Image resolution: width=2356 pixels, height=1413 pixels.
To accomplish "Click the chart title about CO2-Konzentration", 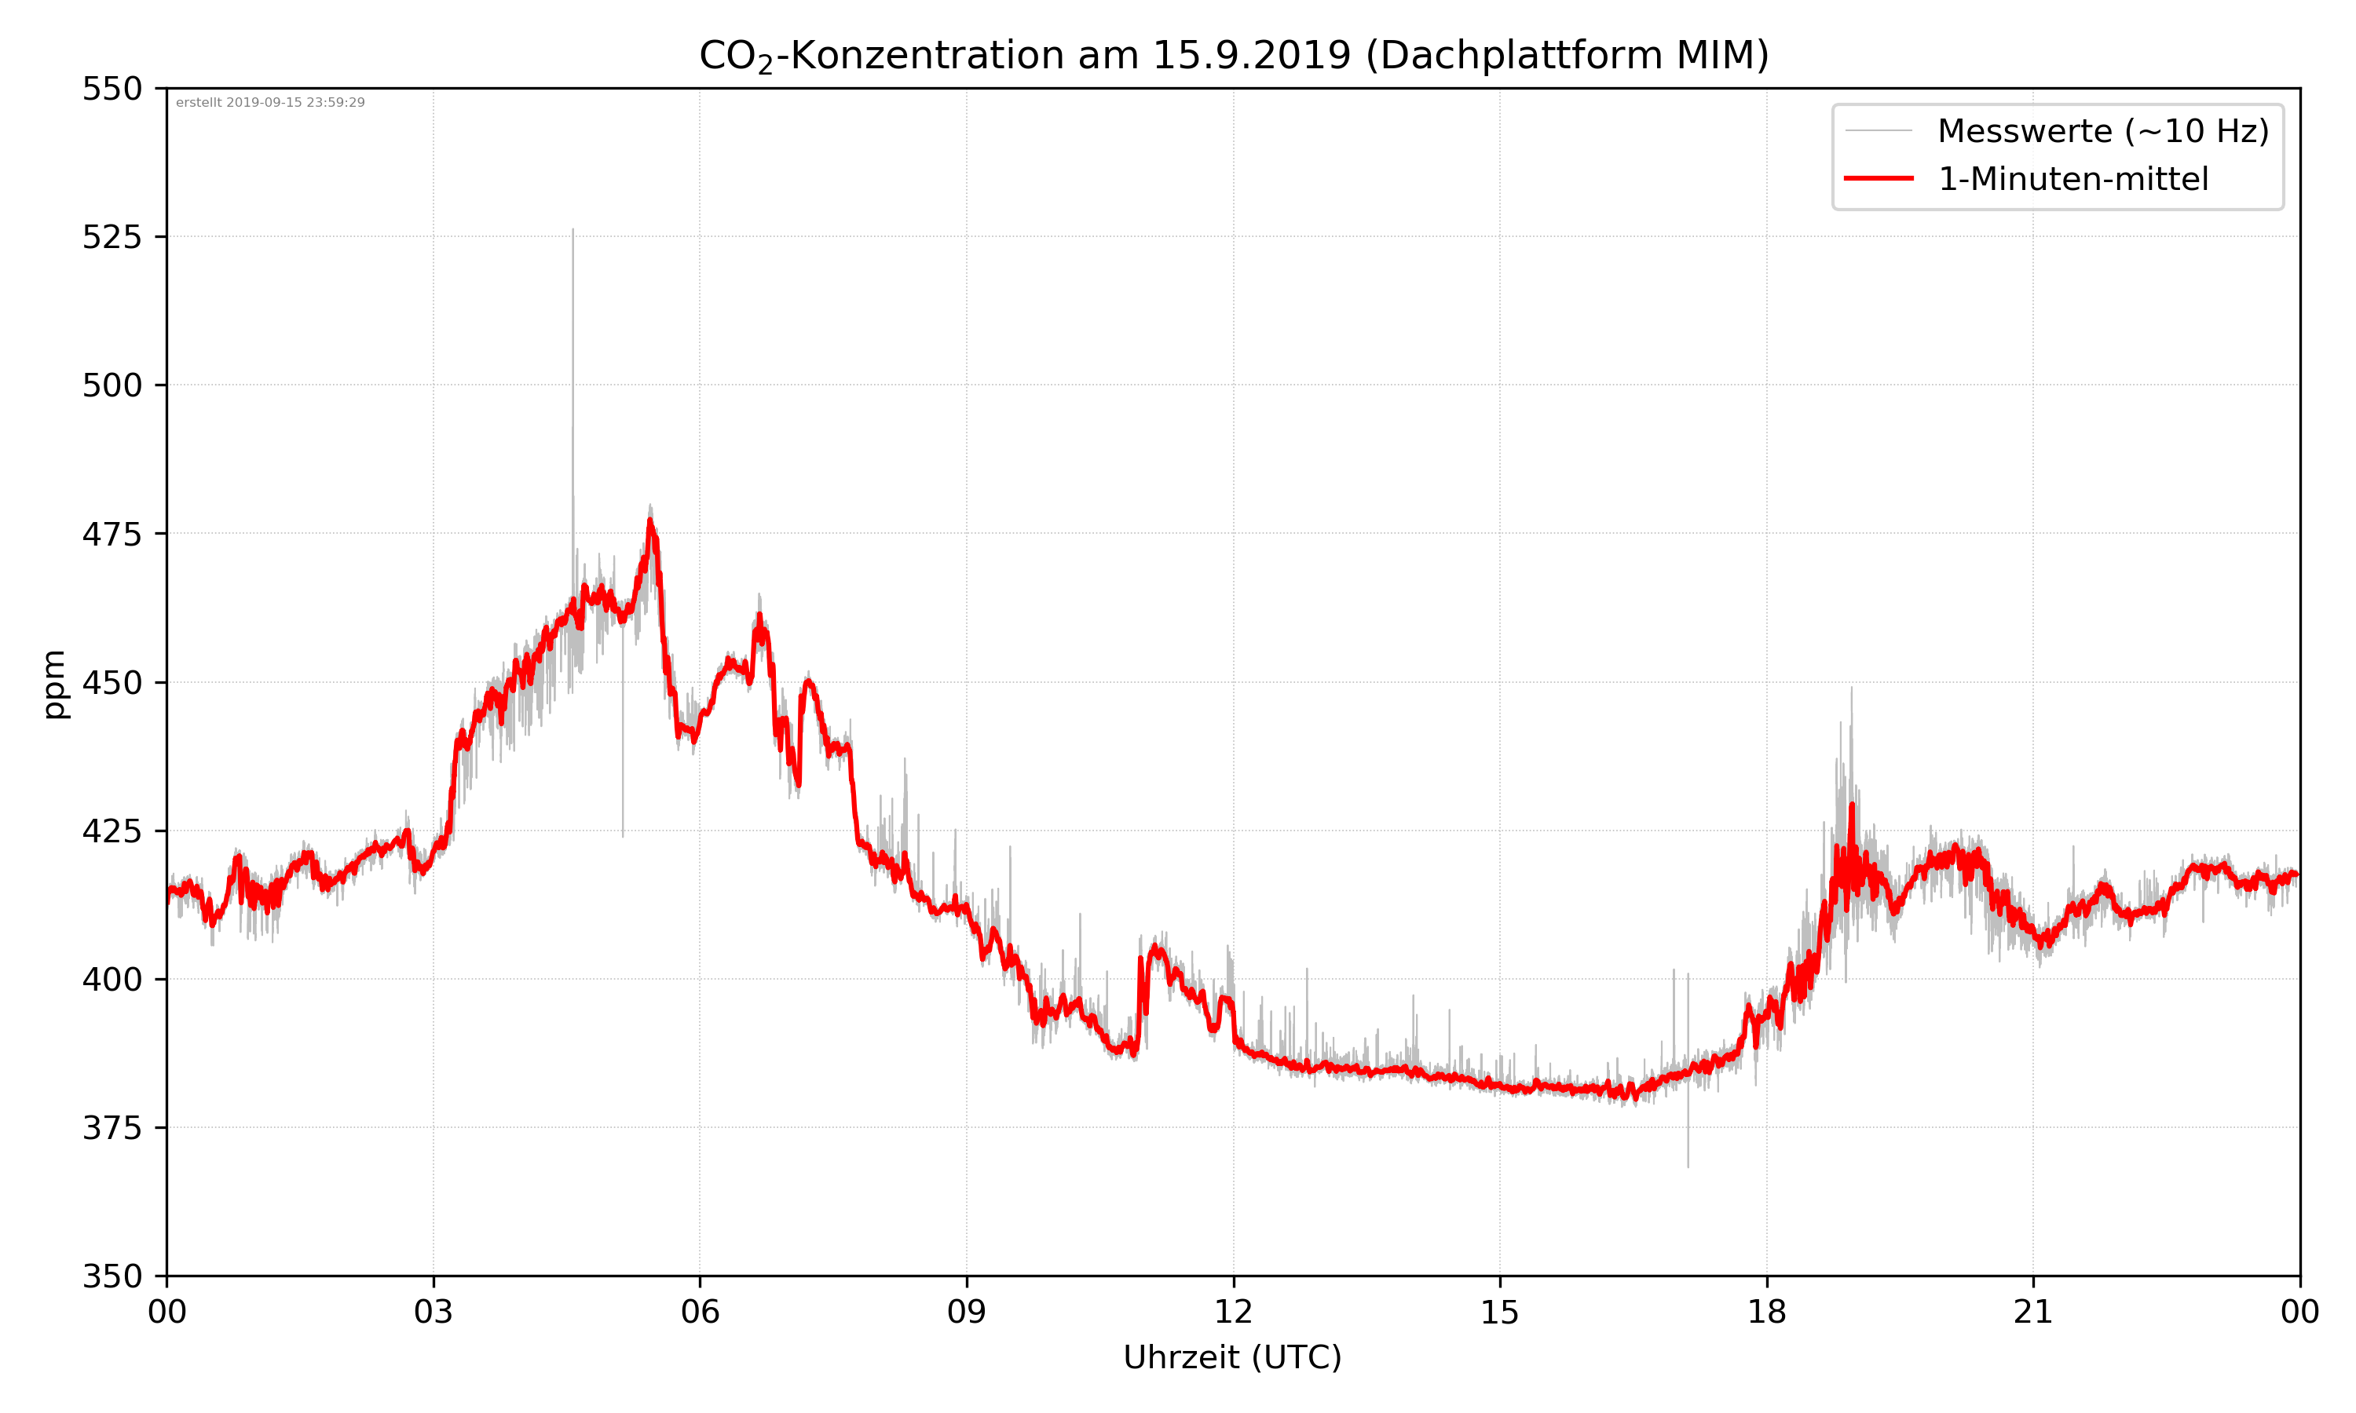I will point(1233,55).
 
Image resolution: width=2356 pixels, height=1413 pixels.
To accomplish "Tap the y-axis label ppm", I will point(54,684).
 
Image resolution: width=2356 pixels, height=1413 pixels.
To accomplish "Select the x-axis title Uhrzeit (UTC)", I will point(1232,1356).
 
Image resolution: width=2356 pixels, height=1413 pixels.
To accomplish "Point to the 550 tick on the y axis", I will point(112,89).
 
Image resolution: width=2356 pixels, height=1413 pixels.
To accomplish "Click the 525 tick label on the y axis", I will point(112,237).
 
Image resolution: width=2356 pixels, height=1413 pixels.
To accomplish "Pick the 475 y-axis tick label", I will point(112,534).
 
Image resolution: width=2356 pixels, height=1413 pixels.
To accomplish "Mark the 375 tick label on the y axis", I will point(112,1128).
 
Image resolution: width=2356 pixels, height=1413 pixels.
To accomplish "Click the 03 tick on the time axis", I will point(434,1312).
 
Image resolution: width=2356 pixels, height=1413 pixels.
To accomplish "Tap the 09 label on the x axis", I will point(967,1312).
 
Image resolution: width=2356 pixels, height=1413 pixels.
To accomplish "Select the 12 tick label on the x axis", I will point(1233,1312).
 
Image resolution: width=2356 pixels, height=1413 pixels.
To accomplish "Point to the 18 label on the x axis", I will point(1766,1312).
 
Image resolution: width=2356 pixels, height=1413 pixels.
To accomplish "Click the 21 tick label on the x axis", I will point(2033,1312).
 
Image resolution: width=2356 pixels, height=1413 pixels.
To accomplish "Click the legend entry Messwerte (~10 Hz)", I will point(2102,131).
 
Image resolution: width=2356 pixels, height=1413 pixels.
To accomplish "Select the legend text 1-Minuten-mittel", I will point(2072,179).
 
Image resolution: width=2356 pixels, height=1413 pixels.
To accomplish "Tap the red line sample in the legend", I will point(1878,178).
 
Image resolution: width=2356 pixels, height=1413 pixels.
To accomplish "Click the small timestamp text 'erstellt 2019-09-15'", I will point(270,103).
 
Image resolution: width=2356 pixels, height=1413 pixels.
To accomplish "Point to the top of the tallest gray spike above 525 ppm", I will point(573,229).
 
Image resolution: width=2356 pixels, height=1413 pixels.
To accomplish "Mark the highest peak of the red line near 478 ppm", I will point(650,520).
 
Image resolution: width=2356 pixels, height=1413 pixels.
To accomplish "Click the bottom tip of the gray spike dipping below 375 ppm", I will point(1688,1167).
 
